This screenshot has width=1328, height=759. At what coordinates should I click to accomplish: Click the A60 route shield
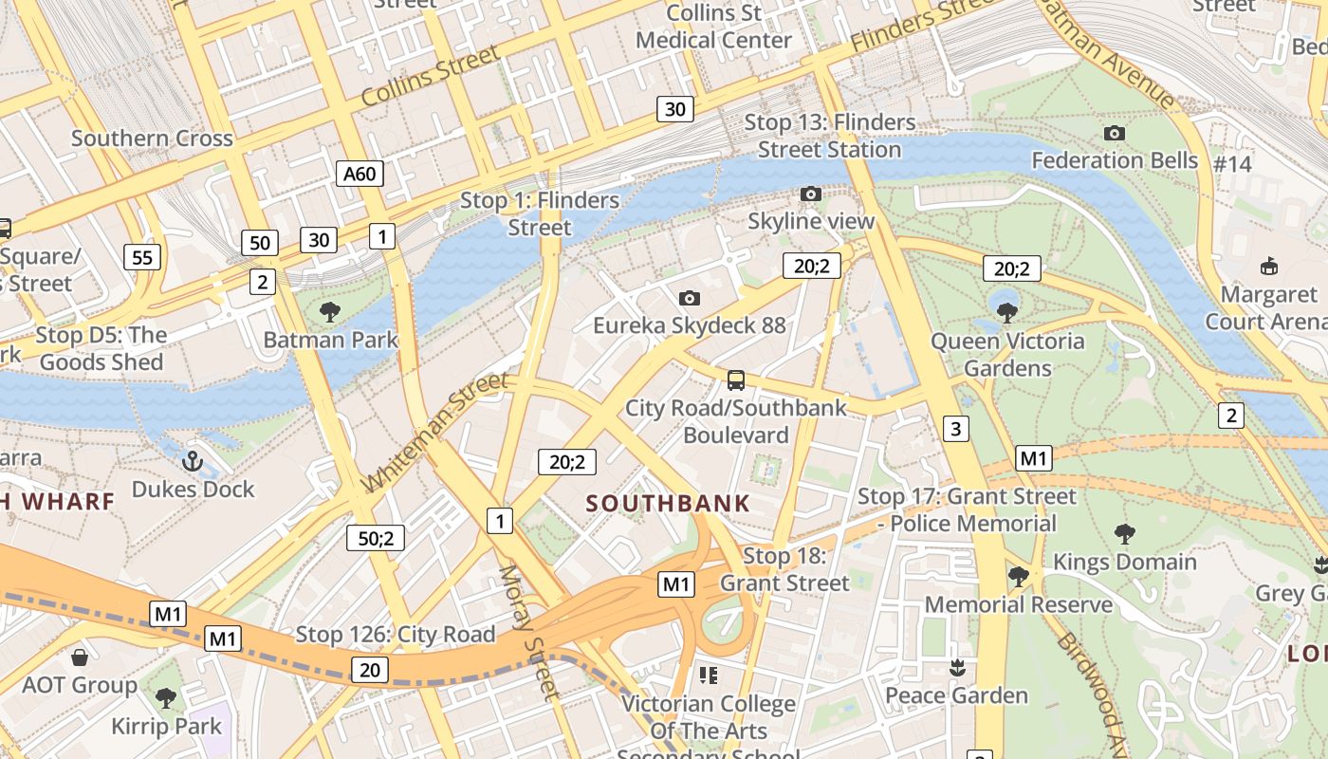pos(360,174)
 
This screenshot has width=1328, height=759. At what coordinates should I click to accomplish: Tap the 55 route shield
pos(142,256)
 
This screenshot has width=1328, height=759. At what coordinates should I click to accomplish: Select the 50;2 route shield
pos(376,538)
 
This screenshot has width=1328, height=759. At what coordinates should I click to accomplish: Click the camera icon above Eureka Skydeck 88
pos(690,299)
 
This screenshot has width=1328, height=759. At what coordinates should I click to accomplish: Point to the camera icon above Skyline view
pos(811,194)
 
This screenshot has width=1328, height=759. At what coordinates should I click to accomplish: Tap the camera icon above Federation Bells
pos(1115,134)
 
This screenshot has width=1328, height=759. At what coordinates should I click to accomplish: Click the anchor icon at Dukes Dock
pos(193,462)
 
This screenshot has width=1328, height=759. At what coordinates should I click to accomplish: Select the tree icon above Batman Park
pos(330,311)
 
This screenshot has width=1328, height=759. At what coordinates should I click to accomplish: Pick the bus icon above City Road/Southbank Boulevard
pos(735,381)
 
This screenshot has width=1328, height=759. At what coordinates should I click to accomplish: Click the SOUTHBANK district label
pos(668,504)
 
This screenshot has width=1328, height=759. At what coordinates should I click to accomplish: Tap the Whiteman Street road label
pos(435,433)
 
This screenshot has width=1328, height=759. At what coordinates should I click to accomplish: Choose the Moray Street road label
pos(529,631)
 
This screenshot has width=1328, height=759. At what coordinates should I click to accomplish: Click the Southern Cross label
pos(152,139)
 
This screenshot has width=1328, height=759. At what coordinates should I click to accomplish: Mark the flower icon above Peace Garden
pos(956,668)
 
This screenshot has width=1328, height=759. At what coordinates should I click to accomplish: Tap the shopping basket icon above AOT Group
pos(80,657)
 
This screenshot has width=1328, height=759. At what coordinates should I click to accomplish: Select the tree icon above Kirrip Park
pos(166,699)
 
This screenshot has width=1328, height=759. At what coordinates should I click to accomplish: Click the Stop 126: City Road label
pos(396,635)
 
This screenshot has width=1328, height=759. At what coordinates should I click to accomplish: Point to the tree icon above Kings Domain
pos(1124,534)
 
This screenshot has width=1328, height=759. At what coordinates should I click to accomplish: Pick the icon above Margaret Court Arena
pos(1268,266)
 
